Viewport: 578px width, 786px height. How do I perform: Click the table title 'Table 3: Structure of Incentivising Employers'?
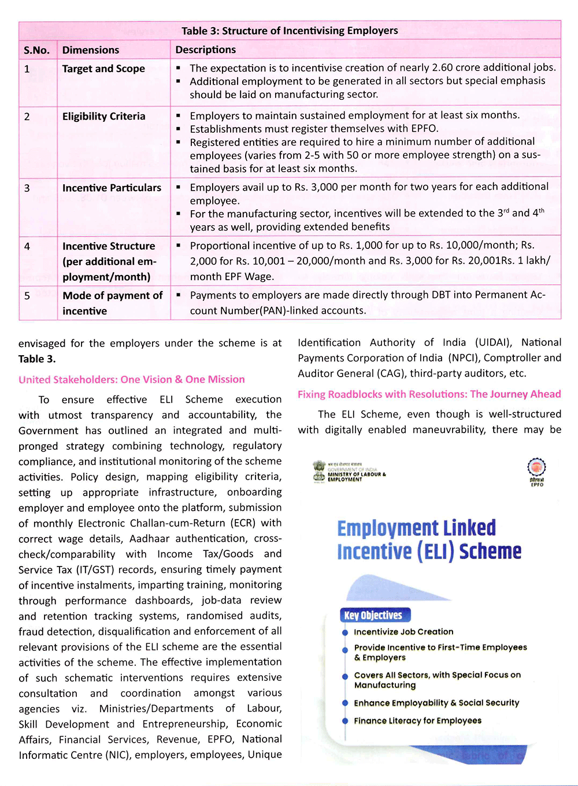[x=290, y=31]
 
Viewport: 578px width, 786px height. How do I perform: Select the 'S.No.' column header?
[x=36, y=50]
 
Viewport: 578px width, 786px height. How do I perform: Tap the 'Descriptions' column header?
[x=206, y=50]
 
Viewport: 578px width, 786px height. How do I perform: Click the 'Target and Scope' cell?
[x=103, y=69]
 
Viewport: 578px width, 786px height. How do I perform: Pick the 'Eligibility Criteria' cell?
[x=103, y=116]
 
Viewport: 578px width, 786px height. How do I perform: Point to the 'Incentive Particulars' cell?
[x=112, y=188]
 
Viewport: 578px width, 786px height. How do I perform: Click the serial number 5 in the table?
[x=27, y=296]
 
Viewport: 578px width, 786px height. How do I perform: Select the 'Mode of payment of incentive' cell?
[x=112, y=303]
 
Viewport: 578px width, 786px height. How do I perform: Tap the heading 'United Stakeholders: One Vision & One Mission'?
[x=131, y=379]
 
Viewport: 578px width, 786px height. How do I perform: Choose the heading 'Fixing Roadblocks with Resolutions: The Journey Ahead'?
[x=429, y=394]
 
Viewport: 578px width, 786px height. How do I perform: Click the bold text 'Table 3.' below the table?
[x=37, y=359]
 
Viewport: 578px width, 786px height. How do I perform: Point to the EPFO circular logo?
[x=536, y=467]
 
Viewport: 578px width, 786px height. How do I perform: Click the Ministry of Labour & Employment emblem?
[x=319, y=471]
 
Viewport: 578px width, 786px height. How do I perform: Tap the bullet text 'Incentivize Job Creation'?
[x=403, y=632]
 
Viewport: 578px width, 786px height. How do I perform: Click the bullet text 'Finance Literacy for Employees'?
[x=417, y=721]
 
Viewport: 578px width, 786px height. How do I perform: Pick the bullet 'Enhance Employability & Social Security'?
[x=436, y=703]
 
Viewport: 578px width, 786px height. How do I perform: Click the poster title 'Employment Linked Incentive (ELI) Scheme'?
[x=429, y=539]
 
